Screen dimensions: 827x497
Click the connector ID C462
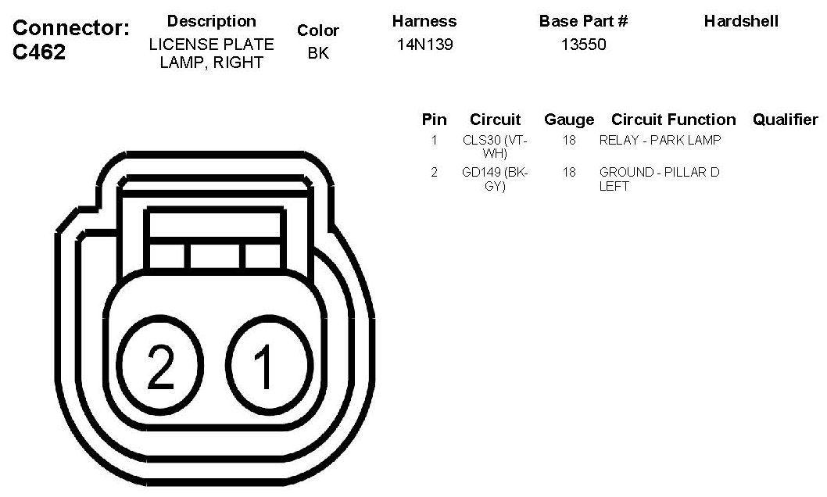[39, 52]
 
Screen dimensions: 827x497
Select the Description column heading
[212, 22]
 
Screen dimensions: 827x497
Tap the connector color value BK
[318, 53]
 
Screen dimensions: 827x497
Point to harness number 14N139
[424, 45]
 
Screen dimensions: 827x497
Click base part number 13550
[583, 45]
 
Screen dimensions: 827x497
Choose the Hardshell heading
[741, 21]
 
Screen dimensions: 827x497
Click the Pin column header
[434, 120]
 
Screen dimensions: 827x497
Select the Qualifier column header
[786, 120]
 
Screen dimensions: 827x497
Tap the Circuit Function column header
[674, 120]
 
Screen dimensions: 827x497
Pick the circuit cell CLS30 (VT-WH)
[495, 146]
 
